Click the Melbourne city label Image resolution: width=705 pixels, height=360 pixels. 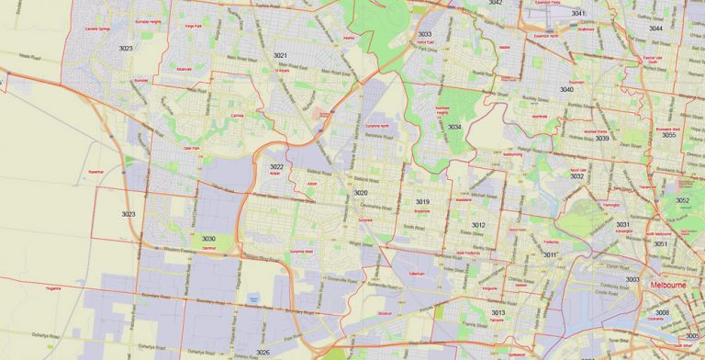click(669, 285)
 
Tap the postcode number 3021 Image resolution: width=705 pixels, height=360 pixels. click(280, 56)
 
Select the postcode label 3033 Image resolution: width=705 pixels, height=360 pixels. click(425, 34)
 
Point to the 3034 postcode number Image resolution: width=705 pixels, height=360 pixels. click(455, 127)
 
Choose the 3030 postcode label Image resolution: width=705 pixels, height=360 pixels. click(208, 239)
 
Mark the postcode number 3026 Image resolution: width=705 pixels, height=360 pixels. click(263, 353)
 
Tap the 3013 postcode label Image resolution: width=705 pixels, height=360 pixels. click(498, 313)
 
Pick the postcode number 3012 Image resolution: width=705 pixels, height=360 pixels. click(478, 225)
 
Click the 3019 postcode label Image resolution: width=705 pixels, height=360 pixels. click(422, 201)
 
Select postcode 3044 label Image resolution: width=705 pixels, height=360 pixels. click(655, 28)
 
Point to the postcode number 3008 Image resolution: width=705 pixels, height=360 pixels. click(662, 313)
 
